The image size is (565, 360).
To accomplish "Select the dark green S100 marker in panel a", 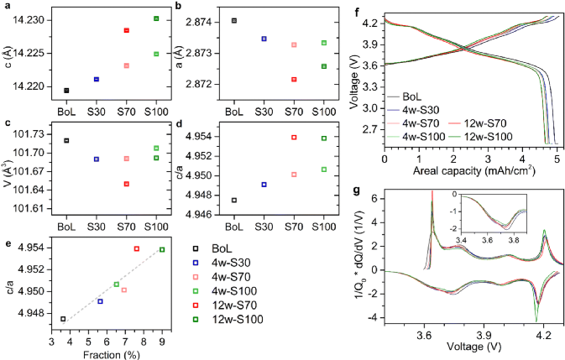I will [155, 18].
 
